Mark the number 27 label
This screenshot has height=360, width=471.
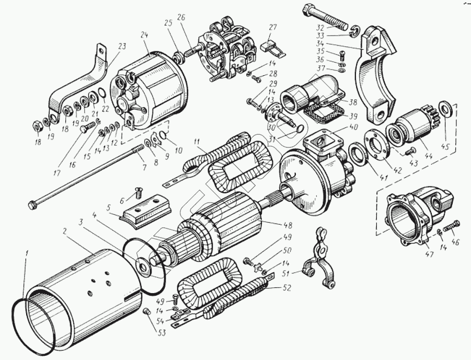click(272, 27)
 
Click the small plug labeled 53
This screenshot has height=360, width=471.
click(147, 312)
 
